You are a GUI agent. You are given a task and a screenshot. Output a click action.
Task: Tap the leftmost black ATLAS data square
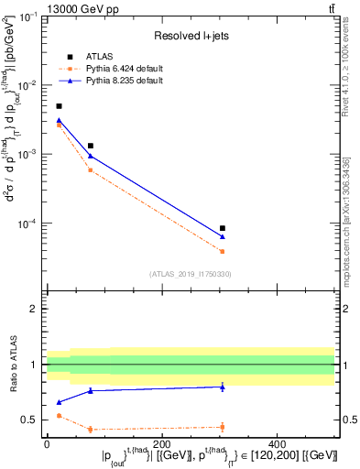[x=59, y=106]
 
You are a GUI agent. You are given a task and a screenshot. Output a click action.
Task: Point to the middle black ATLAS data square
[x=90, y=146]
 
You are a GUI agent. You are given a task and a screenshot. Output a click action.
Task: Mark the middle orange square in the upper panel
[x=90, y=169]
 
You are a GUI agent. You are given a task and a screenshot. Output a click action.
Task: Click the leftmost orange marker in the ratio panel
[x=59, y=416]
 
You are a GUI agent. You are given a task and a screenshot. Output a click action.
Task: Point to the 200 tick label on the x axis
[x=163, y=443]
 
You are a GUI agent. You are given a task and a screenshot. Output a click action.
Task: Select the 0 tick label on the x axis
[x=47, y=443]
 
